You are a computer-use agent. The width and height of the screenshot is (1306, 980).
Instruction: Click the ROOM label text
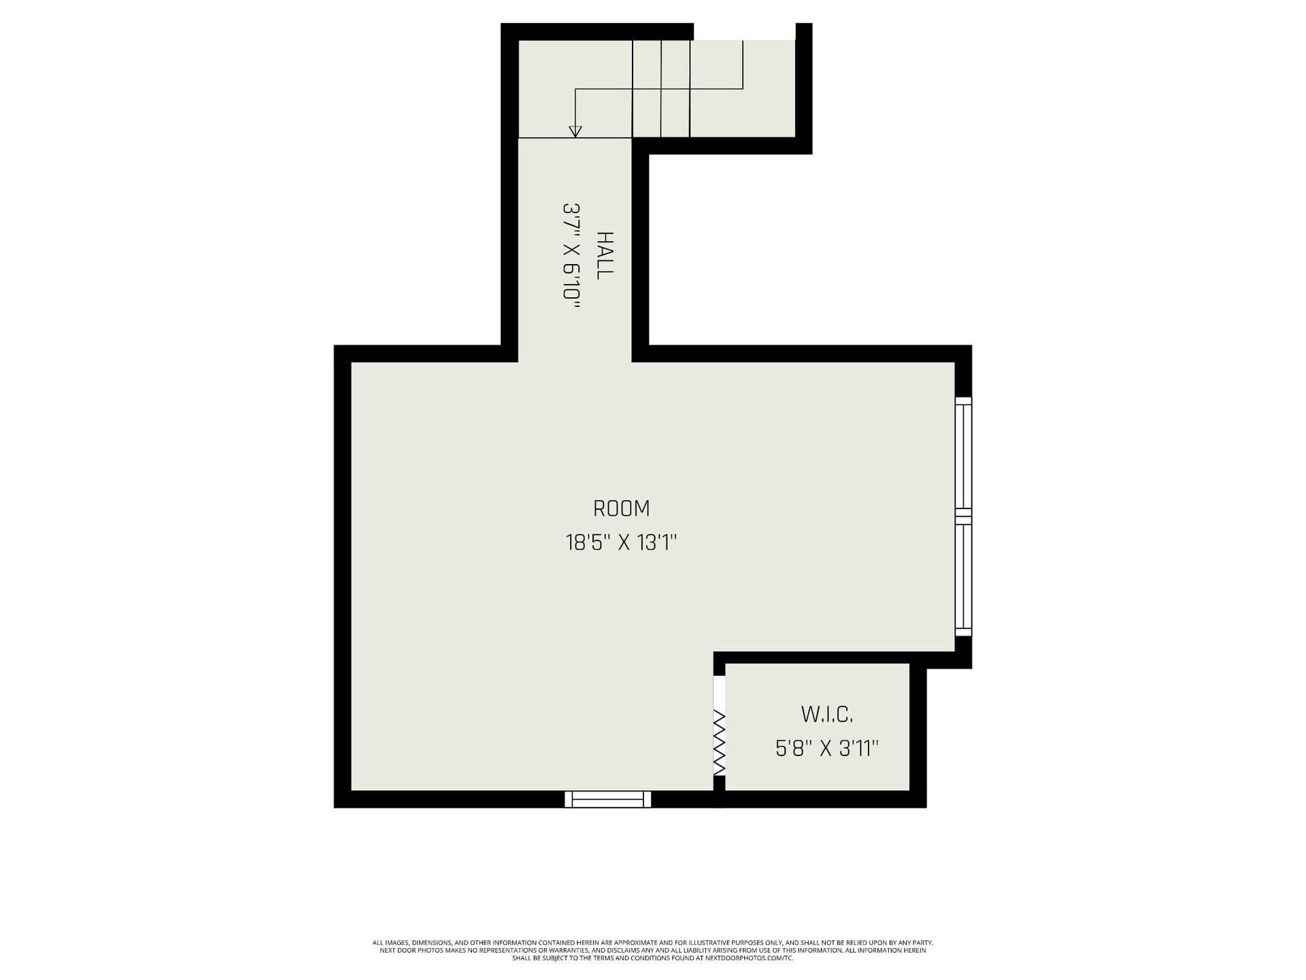pos(621,508)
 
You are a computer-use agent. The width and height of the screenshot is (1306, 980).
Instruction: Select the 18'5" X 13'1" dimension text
pos(621,542)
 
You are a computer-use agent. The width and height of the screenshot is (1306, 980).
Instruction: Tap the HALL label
pos(604,255)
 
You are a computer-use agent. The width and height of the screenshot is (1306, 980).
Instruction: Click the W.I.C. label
pos(826,715)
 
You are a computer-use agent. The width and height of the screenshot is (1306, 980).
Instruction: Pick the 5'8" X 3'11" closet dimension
pos(826,749)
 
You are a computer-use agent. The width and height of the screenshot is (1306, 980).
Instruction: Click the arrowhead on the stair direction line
pos(575,131)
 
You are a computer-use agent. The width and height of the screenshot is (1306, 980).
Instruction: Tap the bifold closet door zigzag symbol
pos(719,742)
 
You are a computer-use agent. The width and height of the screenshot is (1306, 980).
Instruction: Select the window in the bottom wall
pos(607,799)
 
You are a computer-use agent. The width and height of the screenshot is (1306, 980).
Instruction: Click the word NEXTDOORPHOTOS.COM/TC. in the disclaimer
pos(760,958)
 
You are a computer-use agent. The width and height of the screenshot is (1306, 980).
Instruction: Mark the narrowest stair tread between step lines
pos(646,88)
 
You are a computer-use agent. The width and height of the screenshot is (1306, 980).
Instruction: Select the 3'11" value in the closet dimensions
pos(859,749)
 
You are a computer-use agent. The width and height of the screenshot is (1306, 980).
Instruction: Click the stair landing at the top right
pos(769,88)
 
